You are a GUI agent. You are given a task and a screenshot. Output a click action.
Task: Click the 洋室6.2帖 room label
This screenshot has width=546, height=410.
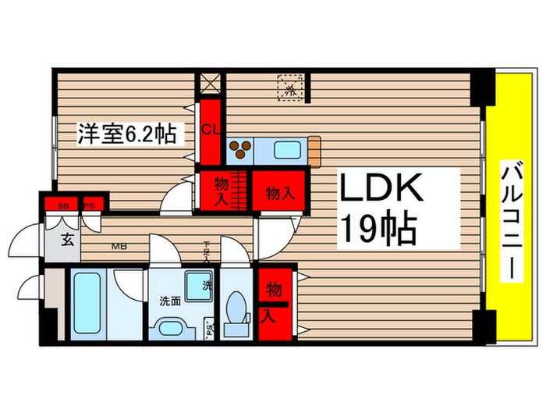tap(125, 134)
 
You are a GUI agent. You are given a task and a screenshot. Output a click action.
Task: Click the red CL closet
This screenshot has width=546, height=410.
tap(210, 129)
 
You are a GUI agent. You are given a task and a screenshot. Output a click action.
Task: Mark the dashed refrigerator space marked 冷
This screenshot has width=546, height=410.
tap(290, 87)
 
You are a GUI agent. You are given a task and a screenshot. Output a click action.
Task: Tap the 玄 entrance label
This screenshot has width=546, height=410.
tap(68, 240)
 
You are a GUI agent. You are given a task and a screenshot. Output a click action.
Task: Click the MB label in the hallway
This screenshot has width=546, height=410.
tap(119, 248)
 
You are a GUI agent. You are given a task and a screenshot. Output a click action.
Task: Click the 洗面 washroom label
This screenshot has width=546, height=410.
tap(171, 301)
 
